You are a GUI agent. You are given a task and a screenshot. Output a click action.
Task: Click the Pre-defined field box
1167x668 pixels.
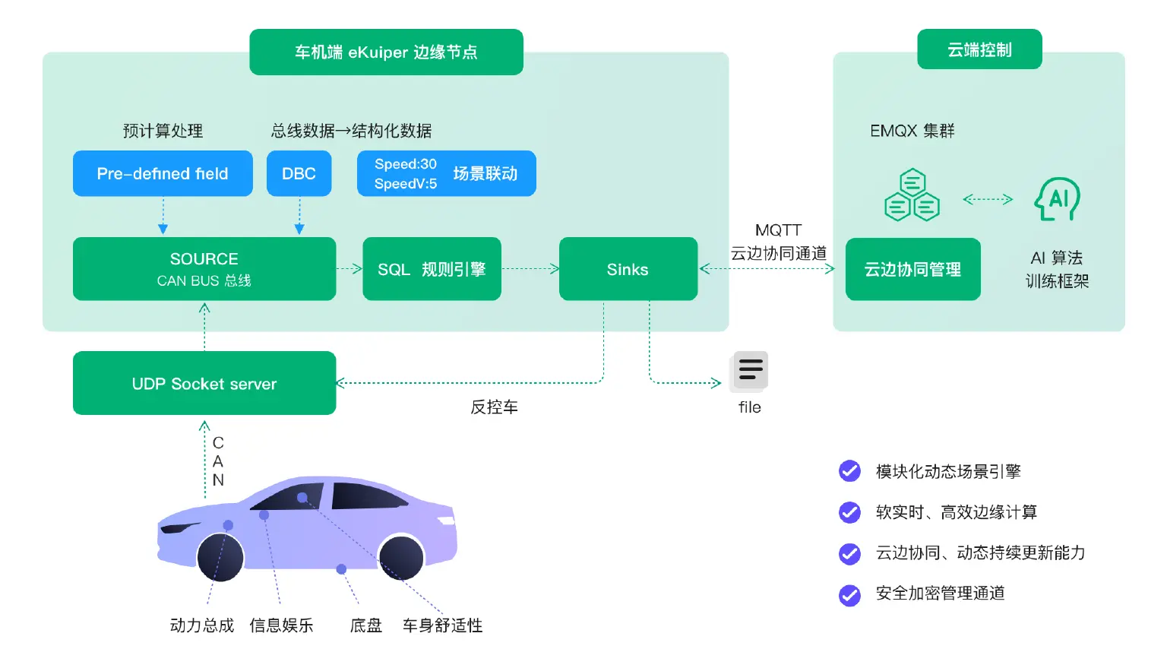(163, 173)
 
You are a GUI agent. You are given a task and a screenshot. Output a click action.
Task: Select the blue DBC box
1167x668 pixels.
(299, 173)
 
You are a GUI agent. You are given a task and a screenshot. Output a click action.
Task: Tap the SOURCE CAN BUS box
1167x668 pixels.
(204, 268)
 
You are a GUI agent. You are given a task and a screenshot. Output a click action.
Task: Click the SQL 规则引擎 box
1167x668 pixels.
(432, 268)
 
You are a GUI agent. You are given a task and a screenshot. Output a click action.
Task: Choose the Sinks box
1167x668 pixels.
(628, 268)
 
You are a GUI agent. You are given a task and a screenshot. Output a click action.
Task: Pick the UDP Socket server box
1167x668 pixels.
(204, 383)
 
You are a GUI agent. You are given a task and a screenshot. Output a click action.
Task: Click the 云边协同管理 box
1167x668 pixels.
(912, 269)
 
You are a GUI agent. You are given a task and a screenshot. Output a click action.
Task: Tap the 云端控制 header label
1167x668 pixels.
(979, 49)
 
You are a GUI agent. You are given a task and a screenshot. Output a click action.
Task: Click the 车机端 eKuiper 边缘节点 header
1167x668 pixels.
(386, 52)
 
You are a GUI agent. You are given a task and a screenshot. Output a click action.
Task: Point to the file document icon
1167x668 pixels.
(750, 370)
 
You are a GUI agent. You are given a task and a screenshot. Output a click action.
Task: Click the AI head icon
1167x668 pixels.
(1057, 199)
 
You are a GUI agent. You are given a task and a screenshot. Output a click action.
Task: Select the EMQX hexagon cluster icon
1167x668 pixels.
(912, 195)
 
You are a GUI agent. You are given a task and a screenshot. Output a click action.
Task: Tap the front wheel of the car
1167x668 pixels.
(220, 557)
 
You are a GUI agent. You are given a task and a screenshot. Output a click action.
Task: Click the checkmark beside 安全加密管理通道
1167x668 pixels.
(849, 594)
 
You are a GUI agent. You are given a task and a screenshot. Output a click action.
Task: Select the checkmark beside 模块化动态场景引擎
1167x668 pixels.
(849, 471)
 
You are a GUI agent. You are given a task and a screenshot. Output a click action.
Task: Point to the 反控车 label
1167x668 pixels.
(494, 407)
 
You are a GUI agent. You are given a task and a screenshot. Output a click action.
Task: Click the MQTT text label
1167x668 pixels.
(778, 230)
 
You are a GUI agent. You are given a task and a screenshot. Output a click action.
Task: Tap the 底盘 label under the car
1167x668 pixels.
(365, 625)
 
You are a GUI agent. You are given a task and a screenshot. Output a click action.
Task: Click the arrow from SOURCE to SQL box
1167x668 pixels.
(349, 268)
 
